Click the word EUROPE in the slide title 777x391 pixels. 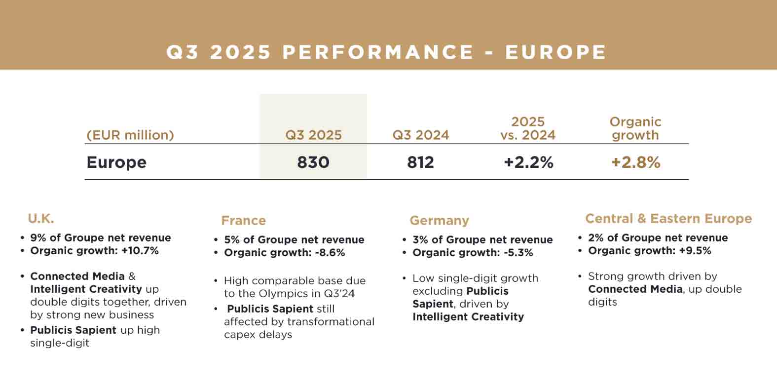[555, 52]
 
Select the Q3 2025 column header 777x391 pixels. [313, 135]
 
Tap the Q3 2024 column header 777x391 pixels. [420, 135]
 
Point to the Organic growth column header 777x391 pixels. [635, 129]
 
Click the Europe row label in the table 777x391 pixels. [116, 162]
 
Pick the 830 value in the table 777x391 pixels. [313, 162]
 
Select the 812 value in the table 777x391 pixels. [420, 162]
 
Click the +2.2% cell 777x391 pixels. [528, 162]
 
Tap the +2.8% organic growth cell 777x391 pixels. [635, 162]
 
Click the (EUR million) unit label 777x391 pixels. [130, 135]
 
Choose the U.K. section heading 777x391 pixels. [41, 219]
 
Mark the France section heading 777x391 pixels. [243, 221]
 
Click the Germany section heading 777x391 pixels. [439, 221]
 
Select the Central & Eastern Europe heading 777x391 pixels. [668, 219]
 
